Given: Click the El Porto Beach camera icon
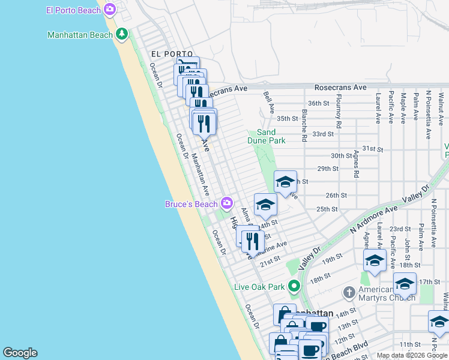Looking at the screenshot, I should pos(109,10).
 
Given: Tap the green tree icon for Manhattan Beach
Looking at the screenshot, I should pos(122,34).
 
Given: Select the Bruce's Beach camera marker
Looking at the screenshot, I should pos(226,203).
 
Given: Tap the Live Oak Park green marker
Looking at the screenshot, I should pos(294,286).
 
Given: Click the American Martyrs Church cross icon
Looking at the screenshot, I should pos(349,293).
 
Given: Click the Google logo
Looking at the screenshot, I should pos(20,353).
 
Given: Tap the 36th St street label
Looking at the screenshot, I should pos(319,103).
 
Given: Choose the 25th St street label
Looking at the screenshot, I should pos(327,209).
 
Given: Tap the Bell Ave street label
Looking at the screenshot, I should pos(268,103).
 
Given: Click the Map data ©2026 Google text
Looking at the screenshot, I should pos(412,355).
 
